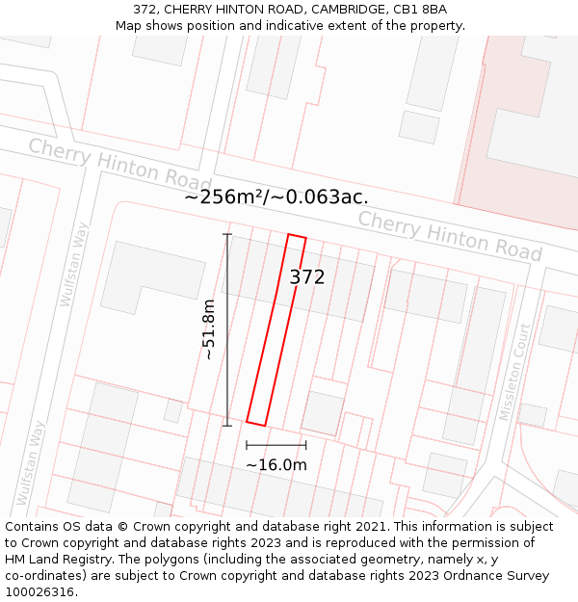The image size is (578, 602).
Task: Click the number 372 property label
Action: click(307, 277)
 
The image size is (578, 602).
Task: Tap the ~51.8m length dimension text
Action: click(208, 329)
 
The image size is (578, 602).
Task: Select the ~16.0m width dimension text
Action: click(276, 465)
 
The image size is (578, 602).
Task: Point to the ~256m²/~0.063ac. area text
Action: click(276, 196)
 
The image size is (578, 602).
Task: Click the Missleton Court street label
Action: click(514, 372)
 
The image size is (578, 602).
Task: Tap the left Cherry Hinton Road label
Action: click(119, 164)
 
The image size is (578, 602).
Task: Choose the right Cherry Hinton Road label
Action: click(450, 235)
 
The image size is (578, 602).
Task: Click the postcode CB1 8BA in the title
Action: click(420, 10)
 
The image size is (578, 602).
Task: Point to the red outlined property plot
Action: click(276, 327)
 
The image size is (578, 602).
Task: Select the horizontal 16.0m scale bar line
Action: click(276, 445)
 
